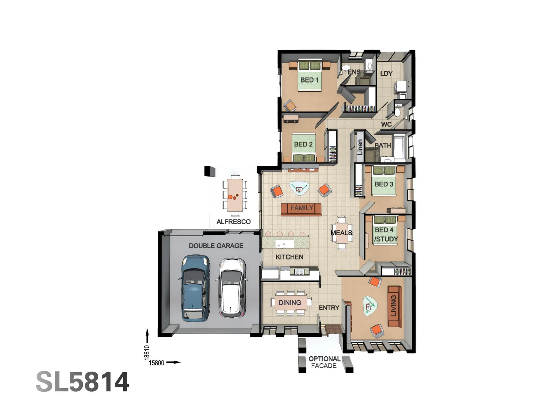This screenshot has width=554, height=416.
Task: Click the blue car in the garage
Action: coord(195,288)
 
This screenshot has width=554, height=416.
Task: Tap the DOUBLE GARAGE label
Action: coord(216,246)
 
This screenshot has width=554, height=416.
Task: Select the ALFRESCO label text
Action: coord(233,222)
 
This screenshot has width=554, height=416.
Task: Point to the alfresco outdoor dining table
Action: coord(234,195)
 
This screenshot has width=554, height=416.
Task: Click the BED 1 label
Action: coord(309,80)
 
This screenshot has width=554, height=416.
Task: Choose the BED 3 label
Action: coord(384,184)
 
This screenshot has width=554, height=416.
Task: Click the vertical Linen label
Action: coord(360,147)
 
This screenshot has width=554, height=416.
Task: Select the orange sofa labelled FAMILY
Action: coord(301,208)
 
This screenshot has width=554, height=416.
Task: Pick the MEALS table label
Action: coord(341,233)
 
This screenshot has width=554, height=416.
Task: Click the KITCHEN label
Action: coord(289,257)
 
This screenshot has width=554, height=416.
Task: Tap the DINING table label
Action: coord(290,303)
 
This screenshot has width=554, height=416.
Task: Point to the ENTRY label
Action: coord(329,308)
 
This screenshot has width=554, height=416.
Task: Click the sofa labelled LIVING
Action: coord(394,306)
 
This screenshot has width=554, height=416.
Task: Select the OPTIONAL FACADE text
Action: coord(324,362)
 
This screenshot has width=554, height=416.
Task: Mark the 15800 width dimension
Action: coord(157,363)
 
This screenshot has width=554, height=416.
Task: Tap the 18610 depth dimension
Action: coord(147,352)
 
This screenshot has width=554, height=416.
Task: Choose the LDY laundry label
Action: coord(386,74)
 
